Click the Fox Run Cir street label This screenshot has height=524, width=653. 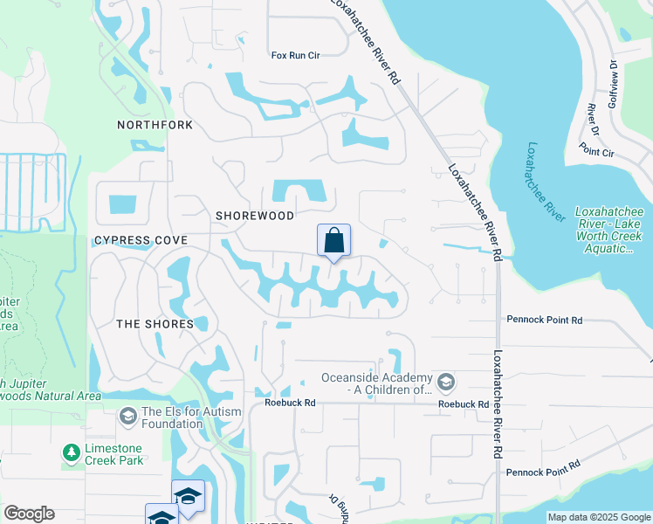pyautogui.click(x=296, y=55)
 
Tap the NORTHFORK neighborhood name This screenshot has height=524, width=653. pyautogui.click(x=155, y=126)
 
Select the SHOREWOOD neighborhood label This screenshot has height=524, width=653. pyautogui.click(x=255, y=215)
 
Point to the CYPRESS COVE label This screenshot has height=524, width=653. pyautogui.click(x=141, y=239)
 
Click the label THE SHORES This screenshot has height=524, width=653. pyautogui.click(x=155, y=324)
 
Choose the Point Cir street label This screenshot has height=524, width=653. pyautogui.click(x=596, y=152)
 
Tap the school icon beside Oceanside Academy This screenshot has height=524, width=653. pyautogui.click(x=446, y=383)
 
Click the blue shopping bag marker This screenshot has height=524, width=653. pyautogui.click(x=333, y=240)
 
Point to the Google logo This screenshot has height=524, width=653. pyautogui.click(x=29, y=514)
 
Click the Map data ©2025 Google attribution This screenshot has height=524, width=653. pyautogui.click(x=599, y=517)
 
